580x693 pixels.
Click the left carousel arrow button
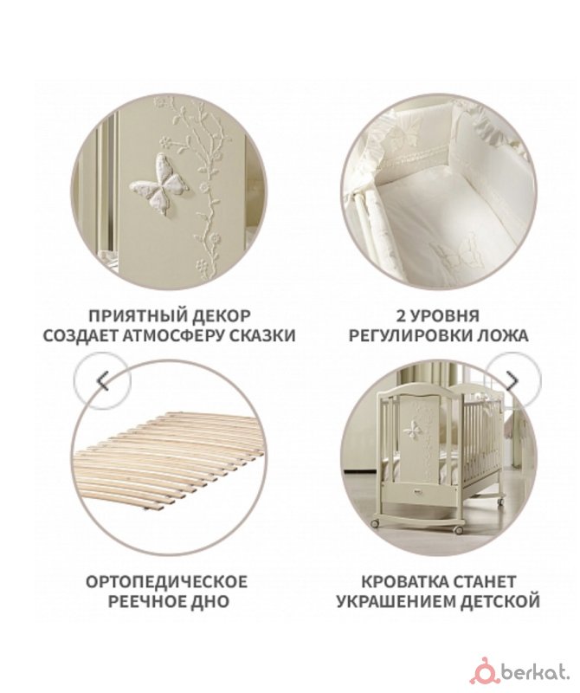(102, 380)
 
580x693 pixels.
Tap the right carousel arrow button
(512, 380)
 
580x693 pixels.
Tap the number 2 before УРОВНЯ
(401, 316)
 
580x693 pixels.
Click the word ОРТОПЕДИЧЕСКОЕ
(167, 581)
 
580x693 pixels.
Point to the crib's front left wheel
(375, 523)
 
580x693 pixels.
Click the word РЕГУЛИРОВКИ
(409, 336)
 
